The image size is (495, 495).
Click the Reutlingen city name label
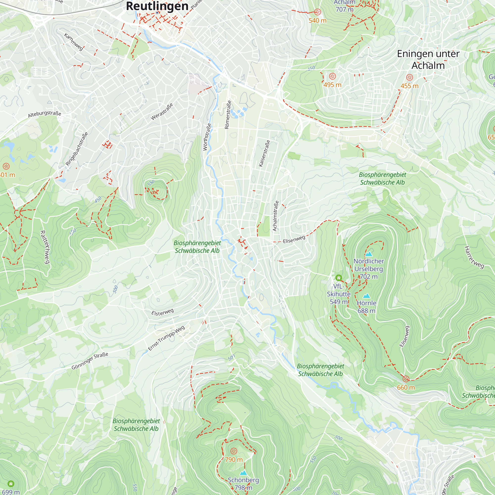pos(157,6)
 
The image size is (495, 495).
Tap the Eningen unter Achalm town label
pos(428,59)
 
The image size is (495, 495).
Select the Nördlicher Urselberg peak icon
pos(369,254)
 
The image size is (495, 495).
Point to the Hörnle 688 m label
pos(366,307)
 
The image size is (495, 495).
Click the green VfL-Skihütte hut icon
pos(338,278)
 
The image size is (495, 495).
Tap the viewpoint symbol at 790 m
pos(234,451)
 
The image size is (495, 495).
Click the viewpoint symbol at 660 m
pos(406,379)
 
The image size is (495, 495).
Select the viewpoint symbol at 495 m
pos(332,76)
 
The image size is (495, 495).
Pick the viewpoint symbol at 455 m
pos(409,77)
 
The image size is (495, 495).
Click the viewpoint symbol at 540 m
pos(318,12)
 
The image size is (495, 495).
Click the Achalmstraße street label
pos(275,216)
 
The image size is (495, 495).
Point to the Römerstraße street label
pos(228,115)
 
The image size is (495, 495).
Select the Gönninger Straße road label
pos(90,361)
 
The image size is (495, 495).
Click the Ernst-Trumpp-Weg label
pos(166,338)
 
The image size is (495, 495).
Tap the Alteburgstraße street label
pos(45,114)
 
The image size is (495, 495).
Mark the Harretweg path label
pos(474,257)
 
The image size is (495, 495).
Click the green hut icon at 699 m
pos(11,484)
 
